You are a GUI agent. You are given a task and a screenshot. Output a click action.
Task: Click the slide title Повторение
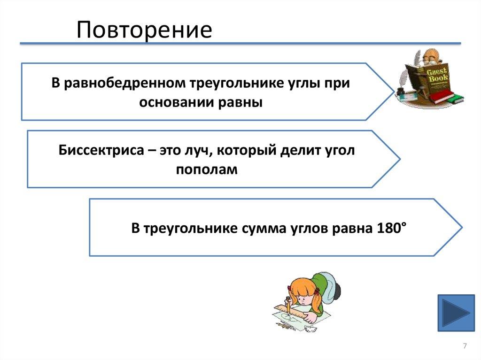coord(145,30)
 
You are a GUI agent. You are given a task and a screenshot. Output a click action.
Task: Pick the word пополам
coord(207,169)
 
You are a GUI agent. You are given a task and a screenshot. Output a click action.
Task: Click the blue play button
coord(456,313)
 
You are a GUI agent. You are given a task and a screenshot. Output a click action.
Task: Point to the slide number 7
coord(465,346)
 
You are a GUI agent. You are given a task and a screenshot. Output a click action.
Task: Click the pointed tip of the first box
coord(394,92)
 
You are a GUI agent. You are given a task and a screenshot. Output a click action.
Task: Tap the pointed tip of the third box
coord(461,228)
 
